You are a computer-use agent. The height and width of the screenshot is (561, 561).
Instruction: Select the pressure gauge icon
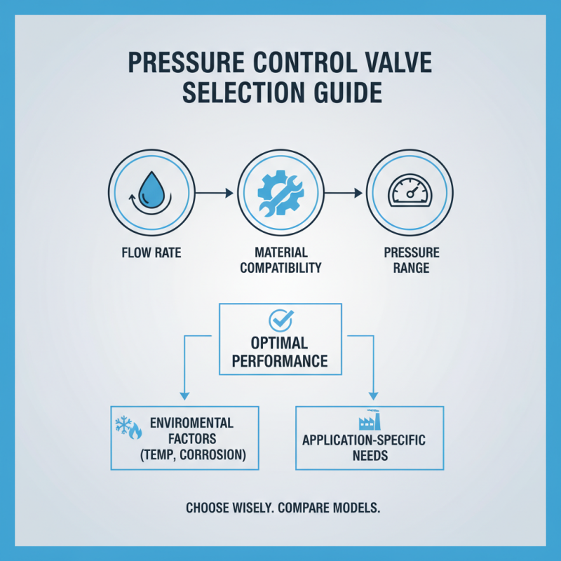[410, 191]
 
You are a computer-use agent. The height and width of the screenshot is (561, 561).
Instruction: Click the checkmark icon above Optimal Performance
[280, 321]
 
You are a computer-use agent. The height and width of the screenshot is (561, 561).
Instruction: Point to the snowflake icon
[123, 424]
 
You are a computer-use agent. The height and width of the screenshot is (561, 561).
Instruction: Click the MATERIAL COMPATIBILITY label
[280, 259]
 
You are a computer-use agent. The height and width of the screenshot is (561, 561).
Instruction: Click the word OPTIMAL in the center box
[280, 344]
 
